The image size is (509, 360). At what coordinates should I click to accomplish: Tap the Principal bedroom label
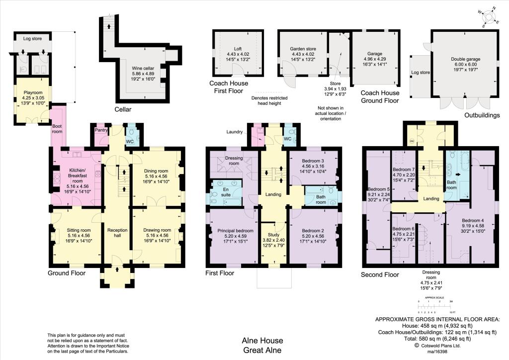coord(232,230)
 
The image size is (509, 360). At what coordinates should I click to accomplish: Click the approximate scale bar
coord(435,303)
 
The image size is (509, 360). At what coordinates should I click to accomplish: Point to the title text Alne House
coord(262,341)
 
